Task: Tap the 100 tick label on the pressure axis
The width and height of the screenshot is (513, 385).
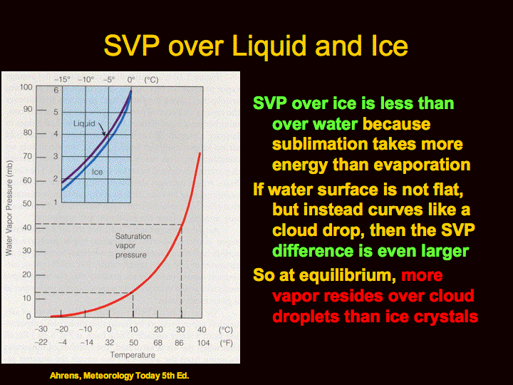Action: (26, 87)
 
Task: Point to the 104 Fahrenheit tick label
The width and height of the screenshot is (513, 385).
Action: (203, 343)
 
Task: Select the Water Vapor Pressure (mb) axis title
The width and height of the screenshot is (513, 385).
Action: (9, 207)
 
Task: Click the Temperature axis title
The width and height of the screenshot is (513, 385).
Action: (133, 355)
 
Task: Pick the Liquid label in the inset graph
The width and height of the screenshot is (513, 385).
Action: (84, 123)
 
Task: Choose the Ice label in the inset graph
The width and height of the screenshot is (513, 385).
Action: (97, 172)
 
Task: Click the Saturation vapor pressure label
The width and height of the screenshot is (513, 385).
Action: (133, 245)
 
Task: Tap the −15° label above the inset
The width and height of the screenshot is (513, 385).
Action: (62, 80)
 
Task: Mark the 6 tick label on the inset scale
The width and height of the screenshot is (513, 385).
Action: (56, 90)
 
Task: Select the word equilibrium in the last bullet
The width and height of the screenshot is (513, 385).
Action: (347, 275)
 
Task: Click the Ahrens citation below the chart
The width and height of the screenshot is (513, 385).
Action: (120, 376)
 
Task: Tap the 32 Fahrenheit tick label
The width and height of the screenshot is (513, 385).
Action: (110, 343)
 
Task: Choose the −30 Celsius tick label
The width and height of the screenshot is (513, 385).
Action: (41, 329)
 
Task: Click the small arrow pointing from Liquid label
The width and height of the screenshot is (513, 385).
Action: (102, 129)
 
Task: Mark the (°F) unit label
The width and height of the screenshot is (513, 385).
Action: (226, 343)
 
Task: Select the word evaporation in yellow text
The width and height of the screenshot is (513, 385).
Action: (422, 165)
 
